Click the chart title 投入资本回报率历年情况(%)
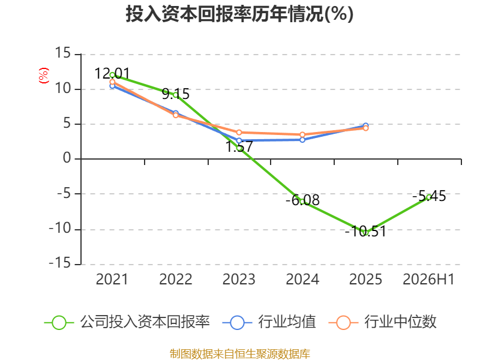pyautogui.click(x=239, y=14)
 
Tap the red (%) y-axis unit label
pyautogui.click(x=43, y=76)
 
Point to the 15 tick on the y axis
pyautogui.click(x=63, y=53)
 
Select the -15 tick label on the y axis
pyautogui.click(x=59, y=263)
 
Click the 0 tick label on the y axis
pyautogui.click(x=67, y=158)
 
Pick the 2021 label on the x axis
pyautogui.click(x=112, y=279)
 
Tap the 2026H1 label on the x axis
pyautogui.click(x=428, y=279)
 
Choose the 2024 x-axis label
pyautogui.click(x=302, y=279)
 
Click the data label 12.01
pyautogui.click(x=112, y=73)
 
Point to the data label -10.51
pyautogui.click(x=365, y=231)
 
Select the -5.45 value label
pyautogui.click(x=429, y=196)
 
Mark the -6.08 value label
pyautogui.click(x=302, y=200)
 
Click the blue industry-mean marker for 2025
pyautogui.click(x=365, y=126)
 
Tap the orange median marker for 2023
pyautogui.click(x=239, y=133)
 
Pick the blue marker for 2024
pyautogui.click(x=302, y=140)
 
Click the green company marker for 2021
pyautogui.click(x=112, y=76)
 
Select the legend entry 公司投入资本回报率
pyautogui.click(x=127, y=322)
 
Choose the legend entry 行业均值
pyautogui.click(x=269, y=322)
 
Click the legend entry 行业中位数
pyautogui.click(x=382, y=322)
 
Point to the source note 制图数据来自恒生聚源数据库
pyautogui.click(x=239, y=354)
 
